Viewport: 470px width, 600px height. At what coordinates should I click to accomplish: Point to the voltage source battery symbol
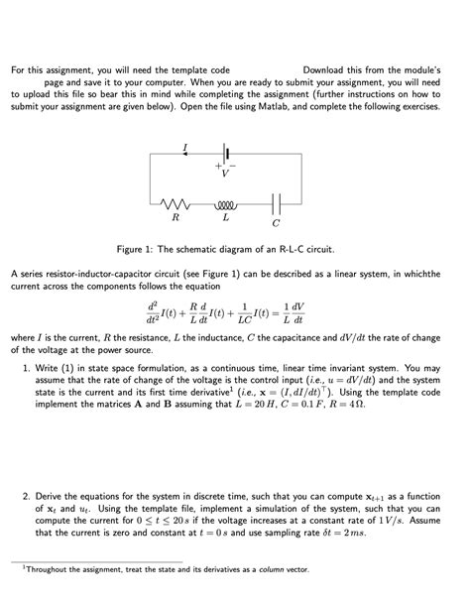226,154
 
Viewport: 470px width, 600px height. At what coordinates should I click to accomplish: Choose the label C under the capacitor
276,221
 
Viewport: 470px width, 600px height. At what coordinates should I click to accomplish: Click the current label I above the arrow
184,147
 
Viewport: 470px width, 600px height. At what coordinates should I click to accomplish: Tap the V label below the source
225,173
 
